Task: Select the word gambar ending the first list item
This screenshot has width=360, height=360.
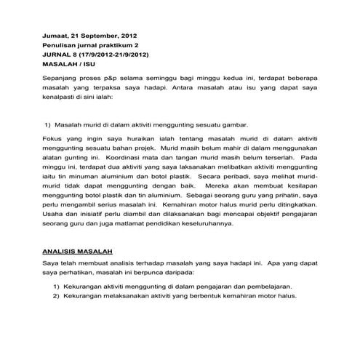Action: [x=233, y=124]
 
